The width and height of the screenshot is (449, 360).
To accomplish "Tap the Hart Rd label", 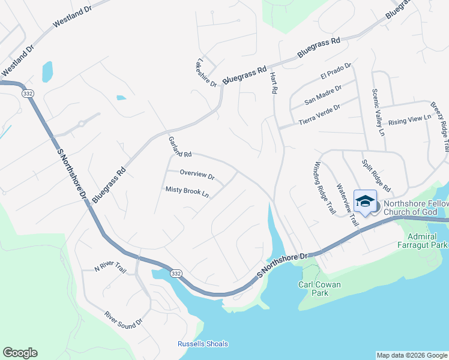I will click(274, 82).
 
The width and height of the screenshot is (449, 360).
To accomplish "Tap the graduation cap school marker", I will click(365, 201).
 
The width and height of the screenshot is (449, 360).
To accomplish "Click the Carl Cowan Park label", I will click(314, 289).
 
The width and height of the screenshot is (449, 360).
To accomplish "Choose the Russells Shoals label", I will click(203, 344).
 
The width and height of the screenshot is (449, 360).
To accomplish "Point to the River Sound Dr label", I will click(123, 319).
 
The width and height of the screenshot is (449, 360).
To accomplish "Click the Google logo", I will click(20, 353).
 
